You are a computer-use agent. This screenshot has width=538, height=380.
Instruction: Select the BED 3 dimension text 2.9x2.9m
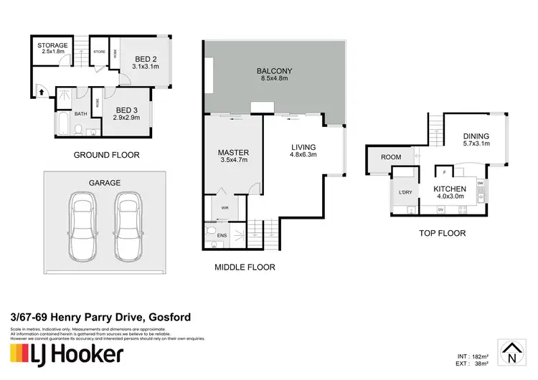[126, 117]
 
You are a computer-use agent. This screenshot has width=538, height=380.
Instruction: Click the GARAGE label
[104, 183]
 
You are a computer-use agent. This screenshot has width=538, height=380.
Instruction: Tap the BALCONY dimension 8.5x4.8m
[275, 80]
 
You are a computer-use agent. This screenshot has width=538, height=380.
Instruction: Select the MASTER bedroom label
[232, 153]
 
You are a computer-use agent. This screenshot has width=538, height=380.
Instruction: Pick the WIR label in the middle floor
[225, 209]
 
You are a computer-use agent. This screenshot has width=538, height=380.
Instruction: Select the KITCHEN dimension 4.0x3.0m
[450, 196]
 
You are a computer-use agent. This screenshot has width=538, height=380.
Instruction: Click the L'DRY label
[404, 194]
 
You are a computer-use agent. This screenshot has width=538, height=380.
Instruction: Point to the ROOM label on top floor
[391, 157]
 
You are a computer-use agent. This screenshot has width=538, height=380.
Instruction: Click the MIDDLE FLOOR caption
[245, 267]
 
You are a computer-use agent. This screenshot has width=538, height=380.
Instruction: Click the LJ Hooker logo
[66, 354]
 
